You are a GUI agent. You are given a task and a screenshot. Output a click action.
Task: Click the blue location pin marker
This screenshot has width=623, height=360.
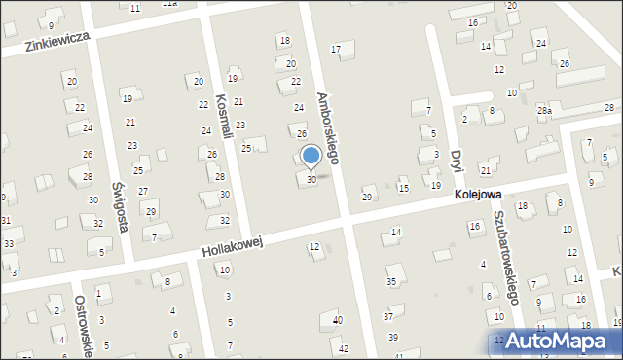coord(311,156)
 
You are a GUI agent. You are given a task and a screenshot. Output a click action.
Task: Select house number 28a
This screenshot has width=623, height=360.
coord(544,111)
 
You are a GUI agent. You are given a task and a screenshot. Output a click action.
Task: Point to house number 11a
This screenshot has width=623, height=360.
coord(169,4)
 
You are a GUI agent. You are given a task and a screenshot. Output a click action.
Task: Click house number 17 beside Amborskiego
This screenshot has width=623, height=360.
coord(336,49)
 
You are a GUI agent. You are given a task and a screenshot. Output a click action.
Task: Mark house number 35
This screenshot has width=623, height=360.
coord(391,281)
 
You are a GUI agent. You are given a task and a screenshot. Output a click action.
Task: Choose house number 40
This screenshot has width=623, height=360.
coord(338,320)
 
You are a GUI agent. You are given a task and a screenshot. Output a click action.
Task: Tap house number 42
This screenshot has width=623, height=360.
coord(343,348)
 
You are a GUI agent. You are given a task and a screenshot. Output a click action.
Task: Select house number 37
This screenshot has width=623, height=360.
coord(387,316)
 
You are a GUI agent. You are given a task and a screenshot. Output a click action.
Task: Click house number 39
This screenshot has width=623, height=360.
coord(393,337)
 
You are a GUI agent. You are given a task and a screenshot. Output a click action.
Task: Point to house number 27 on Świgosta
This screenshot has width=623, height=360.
coord(143,191)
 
